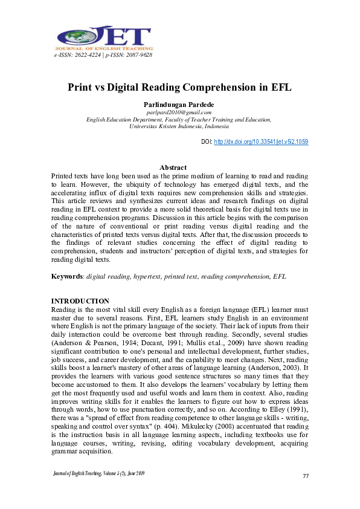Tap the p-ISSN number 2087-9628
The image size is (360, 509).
tap(137, 55)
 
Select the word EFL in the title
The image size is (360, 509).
tap(278, 87)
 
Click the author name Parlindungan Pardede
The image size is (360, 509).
tap(179, 105)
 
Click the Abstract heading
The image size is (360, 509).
tap(173, 167)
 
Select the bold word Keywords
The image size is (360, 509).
tap(66, 276)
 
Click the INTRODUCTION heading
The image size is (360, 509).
tap(80, 301)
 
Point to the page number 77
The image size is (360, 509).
tap(306, 476)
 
